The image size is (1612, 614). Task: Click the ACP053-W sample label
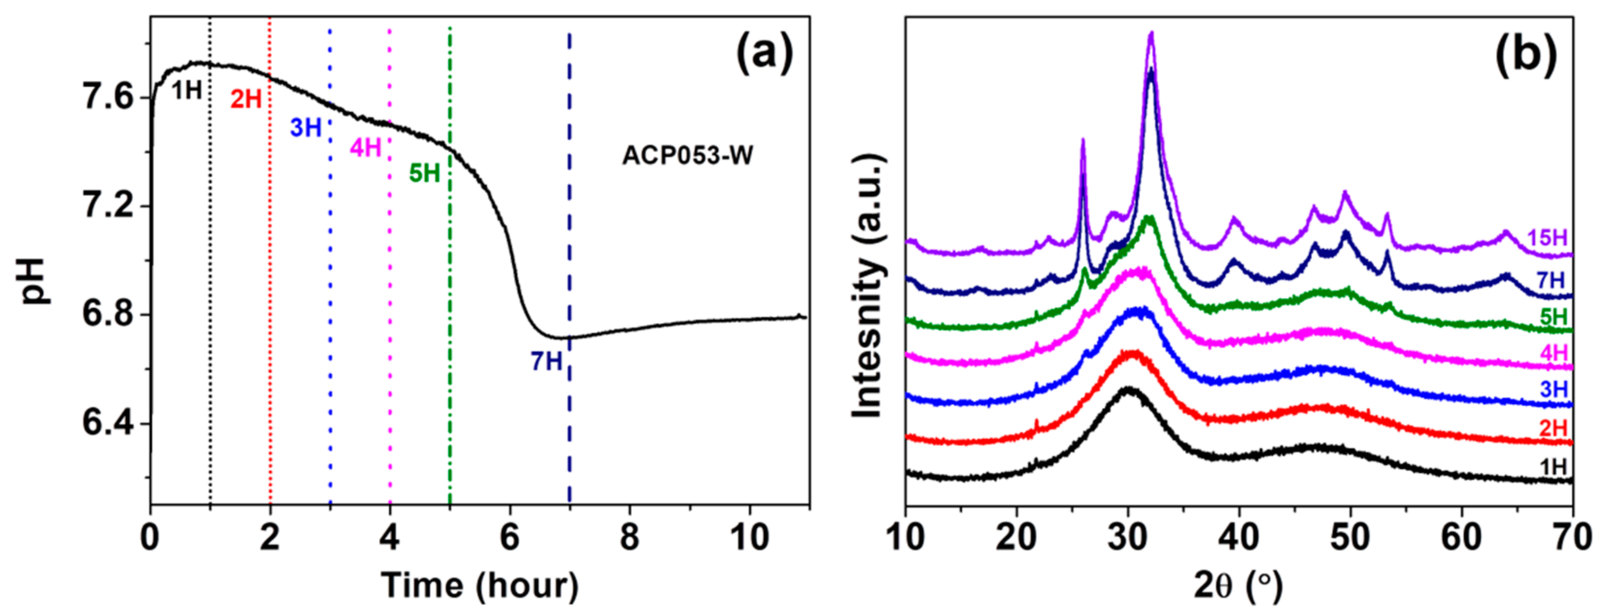pyautogui.click(x=687, y=156)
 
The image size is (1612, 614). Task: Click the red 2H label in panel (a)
pyautogui.click(x=246, y=99)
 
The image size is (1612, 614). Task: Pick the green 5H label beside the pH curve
pyautogui.click(x=425, y=174)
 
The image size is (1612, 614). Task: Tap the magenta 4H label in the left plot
pyautogui.click(x=366, y=148)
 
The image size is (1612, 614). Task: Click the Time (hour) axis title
pyautogui.click(x=480, y=586)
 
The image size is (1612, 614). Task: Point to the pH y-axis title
pyautogui.click(x=36, y=281)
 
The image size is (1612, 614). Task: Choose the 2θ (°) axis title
pyautogui.click(x=1238, y=586)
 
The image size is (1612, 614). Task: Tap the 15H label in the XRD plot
pyautogui.click(x=1547, y=238)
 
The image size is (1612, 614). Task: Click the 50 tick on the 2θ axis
pyautogui.click(x=1350, y=537)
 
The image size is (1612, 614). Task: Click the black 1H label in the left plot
pyautogui.click(x=186, y=91)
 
